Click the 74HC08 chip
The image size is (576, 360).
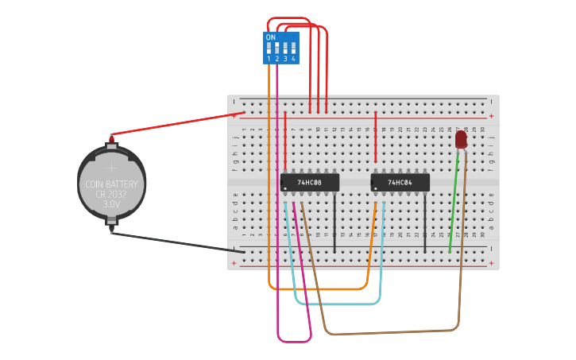pyautogui.click(x=309, y=183)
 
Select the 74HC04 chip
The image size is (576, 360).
pyautogui.click(x=400, y=183)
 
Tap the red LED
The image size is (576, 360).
pyautogui.click(x=461, y=140)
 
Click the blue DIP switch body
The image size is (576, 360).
pyautogui.click(x=281, y=48)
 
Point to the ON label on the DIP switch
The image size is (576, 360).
pyautogui.click(x=271, y=37)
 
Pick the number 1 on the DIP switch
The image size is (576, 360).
pyautogui.click(x=269, y=59)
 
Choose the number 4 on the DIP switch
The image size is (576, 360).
pyautogui.click(x=293, y=59)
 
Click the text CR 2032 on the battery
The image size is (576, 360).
pyautogui.click(x=111, y=194)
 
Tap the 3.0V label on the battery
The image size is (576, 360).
pyautogui.click(x=111, y=204)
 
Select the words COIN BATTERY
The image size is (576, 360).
pyautogui.click(x=111, y=184)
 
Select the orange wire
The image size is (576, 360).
pyautogui.click(x=318, y=289)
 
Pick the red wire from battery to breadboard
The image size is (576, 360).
pyautogui.click(x=175, y=124)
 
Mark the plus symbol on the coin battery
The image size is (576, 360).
pyautogui.click(x=111, y=168)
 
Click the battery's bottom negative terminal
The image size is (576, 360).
pyautogui.click(x=111, y=229)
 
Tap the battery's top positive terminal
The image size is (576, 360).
pyautogui.click(x=111, y=139)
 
